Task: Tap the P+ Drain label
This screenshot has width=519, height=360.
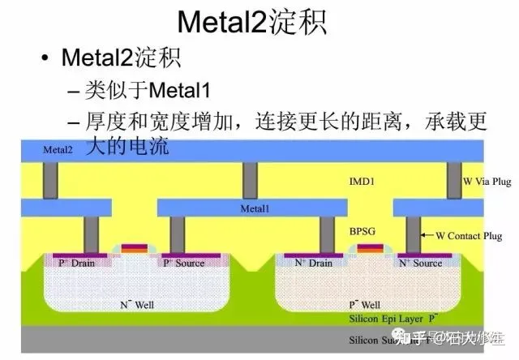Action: pyautogui.click(x=77, y=264)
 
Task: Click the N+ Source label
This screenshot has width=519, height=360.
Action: pyautogui.click(x=420, y=264)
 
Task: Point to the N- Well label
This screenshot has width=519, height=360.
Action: pyautogui.click(x=139, y=305)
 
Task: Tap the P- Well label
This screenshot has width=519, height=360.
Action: pyautogui.click(x=361, y=305)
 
